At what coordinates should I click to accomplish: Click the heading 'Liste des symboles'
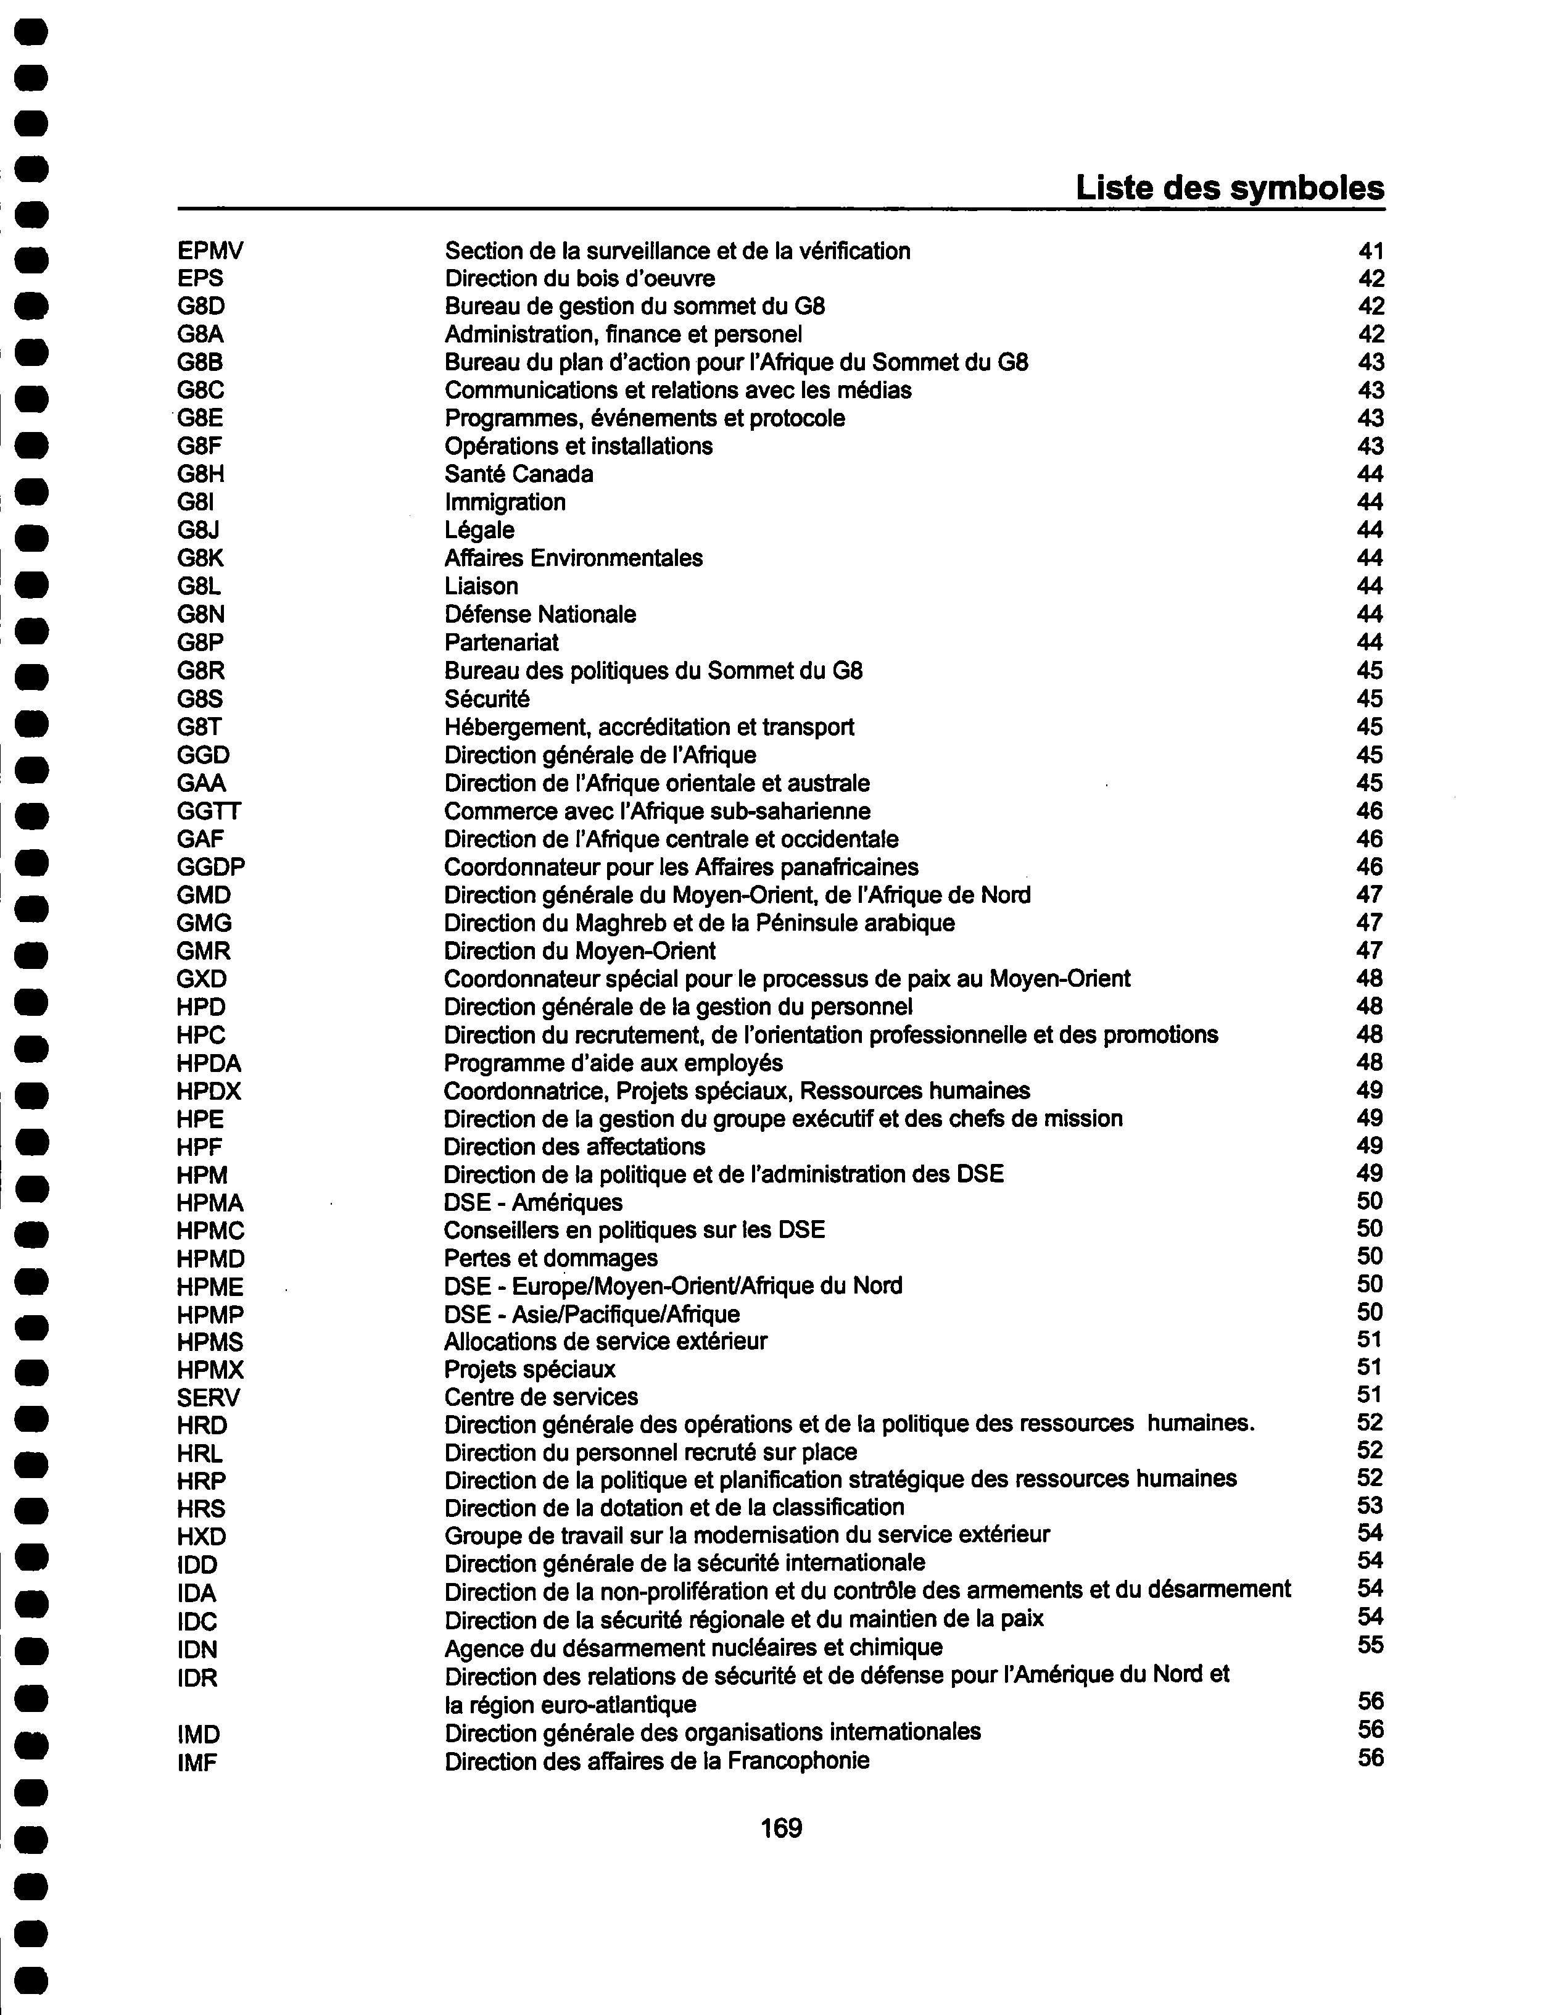pyautogui.click(x=1229, y=188)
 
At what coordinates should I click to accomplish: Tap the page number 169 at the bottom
pyautogui.click(x=780, y=1828)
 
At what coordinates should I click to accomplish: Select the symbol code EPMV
pyautogui.click(x=210, y=251)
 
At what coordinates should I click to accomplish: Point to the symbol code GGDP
pyautogui.click(x=211, y=867)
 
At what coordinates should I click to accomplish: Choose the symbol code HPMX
pyautogui.click(x=210, y=1370)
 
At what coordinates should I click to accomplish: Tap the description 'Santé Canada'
pyautogui.click(x=518, y=474)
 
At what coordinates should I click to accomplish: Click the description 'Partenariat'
pyautogui.click(x=501, y=642)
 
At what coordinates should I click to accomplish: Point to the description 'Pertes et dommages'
pyautogui.click(x=551, y=1258)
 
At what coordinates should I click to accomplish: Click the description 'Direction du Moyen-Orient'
pyautogui.click(x=579, y=950)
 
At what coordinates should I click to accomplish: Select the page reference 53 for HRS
pyautogui.click(x=1371, y=1506)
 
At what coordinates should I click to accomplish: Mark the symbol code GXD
pyautogui.click(x=201, y=979)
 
